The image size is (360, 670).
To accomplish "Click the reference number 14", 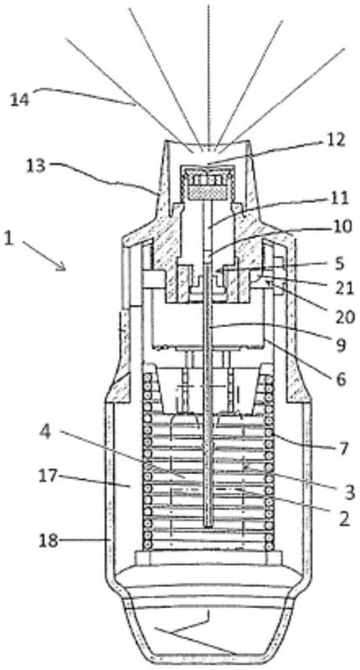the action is (x=19, y=100).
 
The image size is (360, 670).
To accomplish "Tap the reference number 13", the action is (x=36, y=166).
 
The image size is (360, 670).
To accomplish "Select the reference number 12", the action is (x=335, y=140).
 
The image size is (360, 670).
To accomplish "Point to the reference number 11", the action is (x=340, y=198).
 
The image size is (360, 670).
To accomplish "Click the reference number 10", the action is (x=342, y=227).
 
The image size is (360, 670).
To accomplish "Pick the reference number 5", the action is (x=339, y=264).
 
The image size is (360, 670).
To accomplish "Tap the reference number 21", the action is (x=345, y=288).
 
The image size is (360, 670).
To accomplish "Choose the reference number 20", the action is (x=345, y=317).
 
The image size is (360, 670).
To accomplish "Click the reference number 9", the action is (x=341, y=346).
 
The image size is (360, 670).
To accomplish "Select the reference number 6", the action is (x=341, y=379).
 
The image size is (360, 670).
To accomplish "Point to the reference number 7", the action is (x=344, y=449).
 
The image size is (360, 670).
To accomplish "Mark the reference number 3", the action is (x=349, y=492).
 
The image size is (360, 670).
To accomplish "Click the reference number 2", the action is (x=344, y=518).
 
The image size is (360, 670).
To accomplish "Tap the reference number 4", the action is (x=45, y=431).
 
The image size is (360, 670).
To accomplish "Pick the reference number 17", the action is (x=48, y=476).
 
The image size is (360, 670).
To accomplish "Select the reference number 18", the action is (x=49, y=541).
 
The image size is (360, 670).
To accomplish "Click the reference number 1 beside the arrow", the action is (x=8, y=239).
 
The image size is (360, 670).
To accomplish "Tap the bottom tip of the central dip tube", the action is (x=208, y=527).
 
